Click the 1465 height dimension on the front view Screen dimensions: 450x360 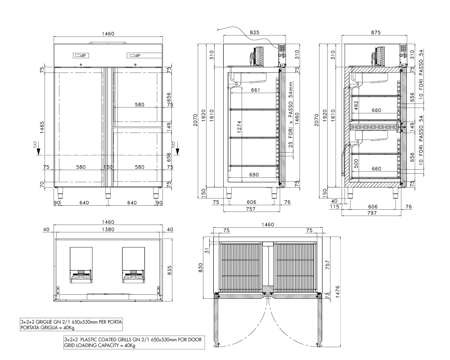pyautogui.click(x=42, y=127)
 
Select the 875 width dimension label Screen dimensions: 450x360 pyautogui.click(x=376, y=32)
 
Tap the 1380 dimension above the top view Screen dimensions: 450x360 pyautogui.click(x=108, y=229)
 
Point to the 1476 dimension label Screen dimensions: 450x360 pyautogui.click(x=337, y=292)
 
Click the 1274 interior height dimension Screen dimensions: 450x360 pyautogui.click(x=239, y=126)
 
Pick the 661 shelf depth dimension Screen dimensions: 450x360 pyautogui.click(x=256, y=90)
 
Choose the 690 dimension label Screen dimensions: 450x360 pyautogui.click(x=254, y=175)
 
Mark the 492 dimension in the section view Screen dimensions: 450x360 pyautogui.click(x=356, y=105)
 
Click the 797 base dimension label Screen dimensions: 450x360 pyautogui.click(x=372, y=213)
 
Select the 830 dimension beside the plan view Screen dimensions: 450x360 pyautogui.click(x=200, y=268)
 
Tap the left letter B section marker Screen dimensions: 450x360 pyautogui.click(x=35, y=144)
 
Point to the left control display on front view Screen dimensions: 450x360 pyautogui.click(x=81, y=55)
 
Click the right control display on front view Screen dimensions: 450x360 pyautogui.click(x=134, y=55)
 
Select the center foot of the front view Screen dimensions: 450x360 pyautogui.click(x=108, y=193)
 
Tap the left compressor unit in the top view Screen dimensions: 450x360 pyautogui.click(x=81, y=265)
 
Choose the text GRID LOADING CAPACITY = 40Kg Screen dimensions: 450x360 pyautogui.click(x=99, y=345)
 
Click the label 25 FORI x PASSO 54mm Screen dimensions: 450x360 pyautogui.click(x=291, y=114)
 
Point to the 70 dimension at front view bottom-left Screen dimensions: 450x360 pyautogui.click(x=42, y=184)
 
